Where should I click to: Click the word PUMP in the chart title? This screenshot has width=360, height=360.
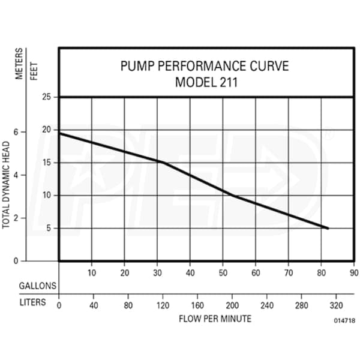click(137, 65)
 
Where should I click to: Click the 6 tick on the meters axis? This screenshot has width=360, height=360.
click(23, 131)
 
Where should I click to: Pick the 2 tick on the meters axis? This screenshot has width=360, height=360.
click(23, 219)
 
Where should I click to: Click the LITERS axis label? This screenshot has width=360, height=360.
click(32, 302)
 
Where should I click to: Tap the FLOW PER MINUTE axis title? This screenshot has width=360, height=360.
click(215, 319)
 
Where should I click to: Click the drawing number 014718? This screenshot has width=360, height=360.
click(344, 321)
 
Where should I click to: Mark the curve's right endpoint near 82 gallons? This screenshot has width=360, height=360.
click(328, 228)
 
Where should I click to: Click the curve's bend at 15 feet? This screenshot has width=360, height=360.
click(162, 163)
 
